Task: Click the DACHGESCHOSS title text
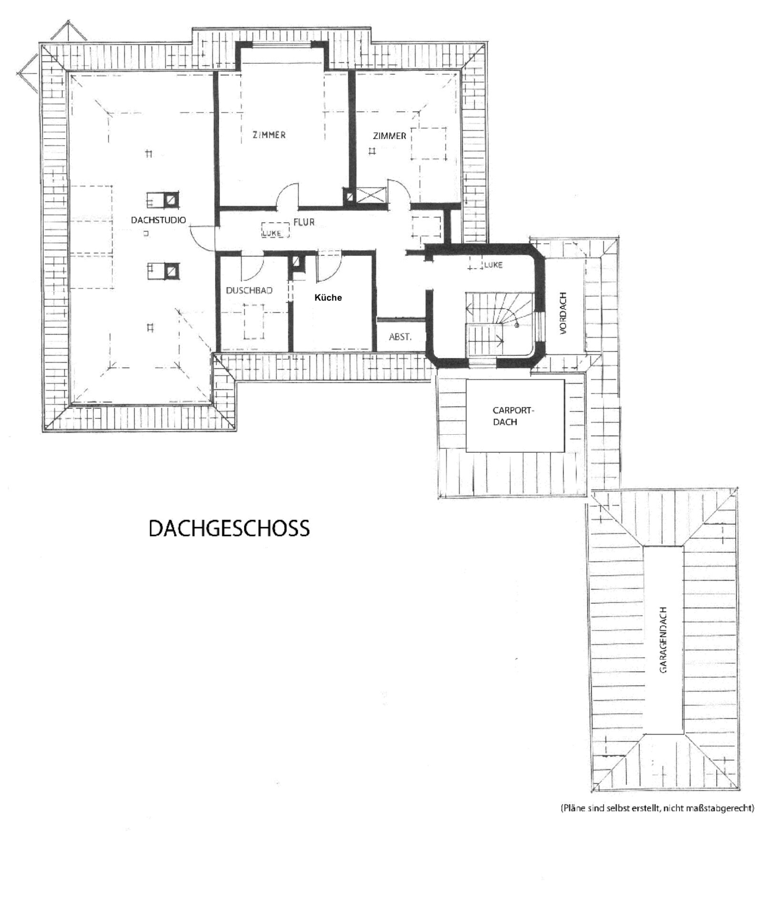coord(229,529)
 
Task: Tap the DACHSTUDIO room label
coord(158,220)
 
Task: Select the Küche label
coord(328,297)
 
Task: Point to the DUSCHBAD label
coord(249,290)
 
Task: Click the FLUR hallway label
coord(304,222)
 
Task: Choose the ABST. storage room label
coord(400,337)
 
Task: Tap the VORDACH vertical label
coord(564,313)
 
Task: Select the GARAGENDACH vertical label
coord(663,640)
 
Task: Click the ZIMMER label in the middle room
coord(269,135)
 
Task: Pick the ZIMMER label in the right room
coord(390,136)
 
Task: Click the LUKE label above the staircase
coord(493,265)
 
